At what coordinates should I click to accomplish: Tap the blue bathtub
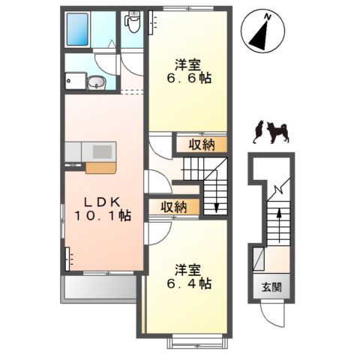point(77,29)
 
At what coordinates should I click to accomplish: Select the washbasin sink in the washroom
point(97,82)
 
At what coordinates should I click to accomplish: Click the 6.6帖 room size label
point(189,79)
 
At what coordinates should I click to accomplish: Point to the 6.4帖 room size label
point(189,283)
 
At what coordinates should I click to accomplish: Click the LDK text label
point(102,202)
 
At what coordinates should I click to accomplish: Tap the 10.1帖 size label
point(103,215)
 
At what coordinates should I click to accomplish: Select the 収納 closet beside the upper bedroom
point(202,145)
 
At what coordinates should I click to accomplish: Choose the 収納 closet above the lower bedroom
point(174,207)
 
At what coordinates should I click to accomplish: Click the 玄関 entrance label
point(271,287)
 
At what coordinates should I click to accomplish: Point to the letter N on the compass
point(268,17)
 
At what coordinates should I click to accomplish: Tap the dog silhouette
point(278,133)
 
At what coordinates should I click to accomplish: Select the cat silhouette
point(258,132)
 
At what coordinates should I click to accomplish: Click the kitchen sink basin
point(102,151)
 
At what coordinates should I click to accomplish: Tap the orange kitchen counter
point(101,168)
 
